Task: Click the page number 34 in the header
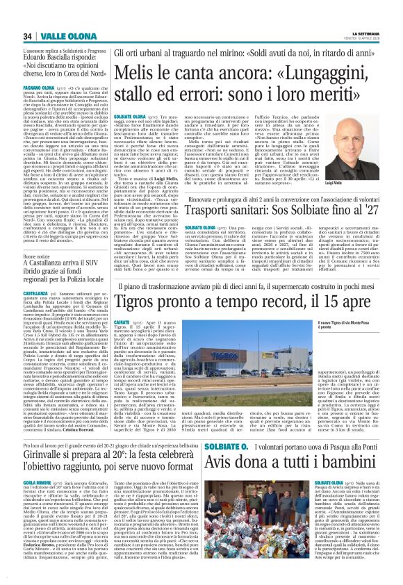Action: pyautogui.click(x=28, y=36)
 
